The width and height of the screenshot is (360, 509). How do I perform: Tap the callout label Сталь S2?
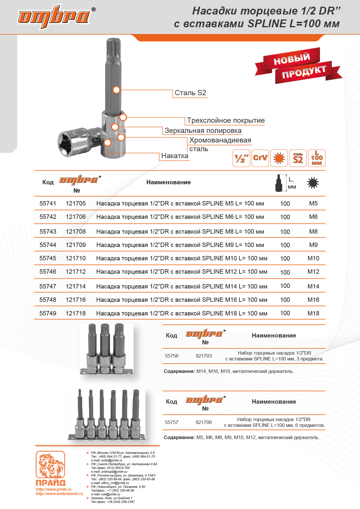190,93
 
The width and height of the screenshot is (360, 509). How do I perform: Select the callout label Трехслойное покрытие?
226,120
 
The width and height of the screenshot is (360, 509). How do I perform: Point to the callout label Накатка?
174,156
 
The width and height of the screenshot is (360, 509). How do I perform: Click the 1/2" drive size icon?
241,158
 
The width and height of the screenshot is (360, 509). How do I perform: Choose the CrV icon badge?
260,158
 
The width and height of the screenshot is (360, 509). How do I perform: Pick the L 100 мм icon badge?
316,158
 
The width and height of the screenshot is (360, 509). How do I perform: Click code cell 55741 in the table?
48,203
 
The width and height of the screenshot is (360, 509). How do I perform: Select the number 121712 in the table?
76,272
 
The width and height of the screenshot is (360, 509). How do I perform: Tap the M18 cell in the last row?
313,313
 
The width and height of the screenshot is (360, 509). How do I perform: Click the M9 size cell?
313,245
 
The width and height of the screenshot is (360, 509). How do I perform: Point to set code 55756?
172,356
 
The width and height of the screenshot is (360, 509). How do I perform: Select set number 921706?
204,422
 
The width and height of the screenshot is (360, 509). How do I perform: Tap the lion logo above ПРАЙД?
50,464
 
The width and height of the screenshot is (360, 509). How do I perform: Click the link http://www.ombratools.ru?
59,494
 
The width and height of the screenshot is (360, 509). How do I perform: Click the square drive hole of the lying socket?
67,143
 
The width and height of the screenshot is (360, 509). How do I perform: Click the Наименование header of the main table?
168,182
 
